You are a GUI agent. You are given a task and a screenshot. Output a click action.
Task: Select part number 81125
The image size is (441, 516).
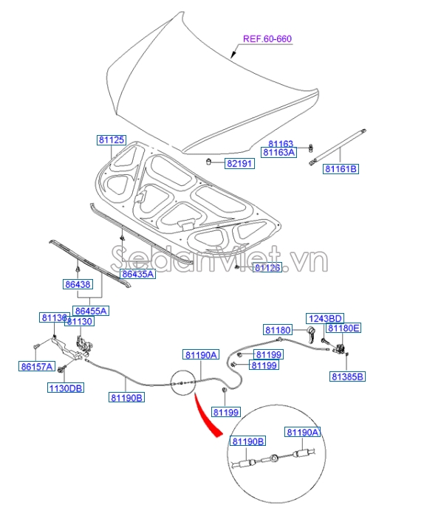[x=112, y=140]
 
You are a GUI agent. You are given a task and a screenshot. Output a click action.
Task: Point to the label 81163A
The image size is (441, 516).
[x=281, y=153]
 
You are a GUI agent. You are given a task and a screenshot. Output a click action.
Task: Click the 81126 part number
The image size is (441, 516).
[x=268, y=268]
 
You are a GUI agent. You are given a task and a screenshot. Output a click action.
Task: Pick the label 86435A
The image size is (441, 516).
[x=137, y=275]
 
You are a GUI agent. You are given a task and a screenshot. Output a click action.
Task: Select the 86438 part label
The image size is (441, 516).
[x=77, y=283]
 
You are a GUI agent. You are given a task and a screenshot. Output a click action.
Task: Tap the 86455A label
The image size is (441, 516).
[x=91, y=311]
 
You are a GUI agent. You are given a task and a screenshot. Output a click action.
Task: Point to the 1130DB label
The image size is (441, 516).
[x=66, y=388]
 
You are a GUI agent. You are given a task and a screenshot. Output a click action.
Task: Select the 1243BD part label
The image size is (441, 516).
[x=326, y=317]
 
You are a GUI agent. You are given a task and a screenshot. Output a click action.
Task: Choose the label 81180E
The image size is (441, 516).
[x=344, y=328]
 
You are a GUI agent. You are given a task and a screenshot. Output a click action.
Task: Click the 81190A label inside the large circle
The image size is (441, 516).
[x=303, y=433]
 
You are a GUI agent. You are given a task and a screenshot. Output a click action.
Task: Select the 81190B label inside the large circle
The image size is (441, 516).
[x=247, y=441]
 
